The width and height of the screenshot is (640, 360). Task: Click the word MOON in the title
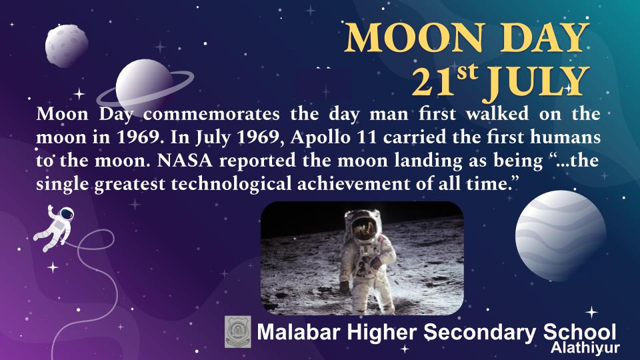(415, 37)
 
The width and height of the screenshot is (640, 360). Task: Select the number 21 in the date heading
(433, 83)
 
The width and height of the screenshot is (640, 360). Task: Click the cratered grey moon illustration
(67, 45)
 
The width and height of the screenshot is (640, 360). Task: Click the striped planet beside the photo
(561, 235)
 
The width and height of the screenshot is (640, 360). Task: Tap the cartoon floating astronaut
(55, 227)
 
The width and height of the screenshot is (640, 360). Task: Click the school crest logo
(238, 332)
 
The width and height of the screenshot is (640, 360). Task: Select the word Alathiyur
(585, 348)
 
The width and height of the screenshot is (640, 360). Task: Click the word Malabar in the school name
(299, 332)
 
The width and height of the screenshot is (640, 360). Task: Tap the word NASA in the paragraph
(185, 161)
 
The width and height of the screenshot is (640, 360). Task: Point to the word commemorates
(211, 114)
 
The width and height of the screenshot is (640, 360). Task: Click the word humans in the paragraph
(565, 137)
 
